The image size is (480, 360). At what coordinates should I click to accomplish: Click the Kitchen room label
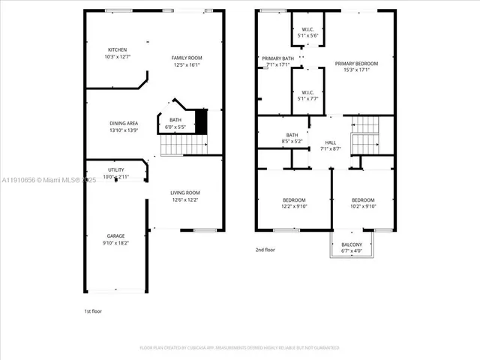(118, 50)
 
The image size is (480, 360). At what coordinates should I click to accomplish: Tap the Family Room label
(187, 58)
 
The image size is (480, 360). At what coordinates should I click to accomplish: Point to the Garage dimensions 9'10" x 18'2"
(115, 243)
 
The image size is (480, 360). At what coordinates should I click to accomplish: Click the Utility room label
(115, 170)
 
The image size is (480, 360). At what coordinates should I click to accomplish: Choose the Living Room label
(186, 193)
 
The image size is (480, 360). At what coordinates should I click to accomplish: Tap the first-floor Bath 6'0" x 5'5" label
(175, 120)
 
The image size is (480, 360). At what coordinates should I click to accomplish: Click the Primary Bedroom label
(356, 64)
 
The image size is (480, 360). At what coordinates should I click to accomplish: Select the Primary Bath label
(277, 58)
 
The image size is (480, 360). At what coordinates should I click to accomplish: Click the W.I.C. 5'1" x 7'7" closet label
(307, 94)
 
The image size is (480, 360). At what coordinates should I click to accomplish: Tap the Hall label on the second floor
(330, 142)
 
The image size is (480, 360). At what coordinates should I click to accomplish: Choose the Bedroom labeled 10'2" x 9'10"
(363, 200)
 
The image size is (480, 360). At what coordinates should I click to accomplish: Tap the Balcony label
(352, 244)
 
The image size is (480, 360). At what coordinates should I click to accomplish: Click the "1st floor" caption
(92, 310)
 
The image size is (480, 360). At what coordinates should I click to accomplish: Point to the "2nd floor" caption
(265, 250)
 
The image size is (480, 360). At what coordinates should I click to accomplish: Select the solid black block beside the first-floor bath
(200, 121)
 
